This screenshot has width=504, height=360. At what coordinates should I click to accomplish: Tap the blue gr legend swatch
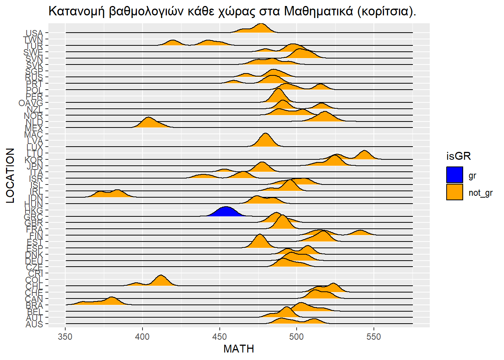(x=454, y=175)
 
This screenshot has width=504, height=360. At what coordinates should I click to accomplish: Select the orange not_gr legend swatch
(x=454, y=192)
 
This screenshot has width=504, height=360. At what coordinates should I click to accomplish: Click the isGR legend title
(x=458, y=156)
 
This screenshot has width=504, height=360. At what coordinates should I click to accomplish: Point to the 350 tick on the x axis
(x=66, y=337)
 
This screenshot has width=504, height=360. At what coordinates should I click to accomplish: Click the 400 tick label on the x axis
(x=142, y=337)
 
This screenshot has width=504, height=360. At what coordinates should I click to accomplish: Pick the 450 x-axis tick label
(x=220, y=337)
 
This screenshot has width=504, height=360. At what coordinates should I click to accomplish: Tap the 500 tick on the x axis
(x=297, y=337)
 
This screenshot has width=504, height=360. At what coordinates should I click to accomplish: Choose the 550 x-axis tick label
(x=373, y=337)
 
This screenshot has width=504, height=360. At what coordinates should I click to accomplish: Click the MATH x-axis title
(x=239, y=349)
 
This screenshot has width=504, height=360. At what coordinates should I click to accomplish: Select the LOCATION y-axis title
(x=10, y=175)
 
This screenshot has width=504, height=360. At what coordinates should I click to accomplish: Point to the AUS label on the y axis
(x=34, y=324)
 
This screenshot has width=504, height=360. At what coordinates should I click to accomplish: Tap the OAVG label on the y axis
(x=31, y=103)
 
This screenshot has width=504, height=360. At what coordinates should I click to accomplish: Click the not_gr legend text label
(x=480, y=193)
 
